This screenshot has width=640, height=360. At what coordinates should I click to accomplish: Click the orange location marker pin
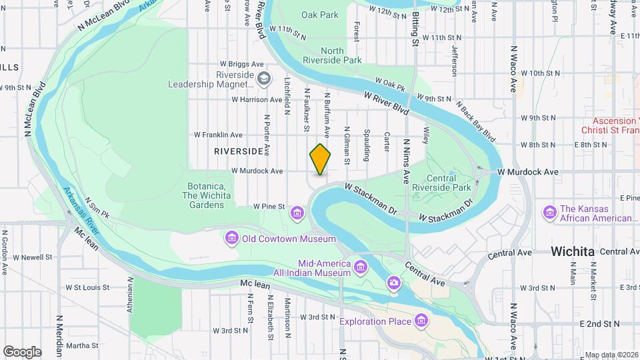[321, 159]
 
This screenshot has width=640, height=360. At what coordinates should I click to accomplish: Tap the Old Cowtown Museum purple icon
[232, 238]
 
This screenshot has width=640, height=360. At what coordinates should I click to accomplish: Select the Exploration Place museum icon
[421, 321]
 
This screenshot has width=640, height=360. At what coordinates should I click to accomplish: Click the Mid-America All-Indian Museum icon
[361, 267]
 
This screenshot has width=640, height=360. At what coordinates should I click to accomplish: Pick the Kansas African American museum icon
[550, 213]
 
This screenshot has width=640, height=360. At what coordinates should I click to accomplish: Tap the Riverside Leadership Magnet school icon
[264, 79]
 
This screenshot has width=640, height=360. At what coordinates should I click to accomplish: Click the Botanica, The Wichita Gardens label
[208, 200]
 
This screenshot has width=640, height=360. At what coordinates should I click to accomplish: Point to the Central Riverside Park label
[450, 183]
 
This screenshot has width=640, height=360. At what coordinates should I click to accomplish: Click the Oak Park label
[319, 14]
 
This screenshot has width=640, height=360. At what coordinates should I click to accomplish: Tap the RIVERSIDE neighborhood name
[239, 151]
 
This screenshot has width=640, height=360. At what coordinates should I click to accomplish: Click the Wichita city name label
[573, 251]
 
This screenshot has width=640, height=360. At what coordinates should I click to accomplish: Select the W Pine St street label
[269, 207]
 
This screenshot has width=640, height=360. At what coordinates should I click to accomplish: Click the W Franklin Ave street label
[218, 135]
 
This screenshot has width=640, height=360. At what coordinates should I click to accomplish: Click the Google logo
[23, 351]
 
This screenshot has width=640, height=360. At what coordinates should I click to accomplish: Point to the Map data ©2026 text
[610, 355]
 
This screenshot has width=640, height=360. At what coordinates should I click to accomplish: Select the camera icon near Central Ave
[394, 285]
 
